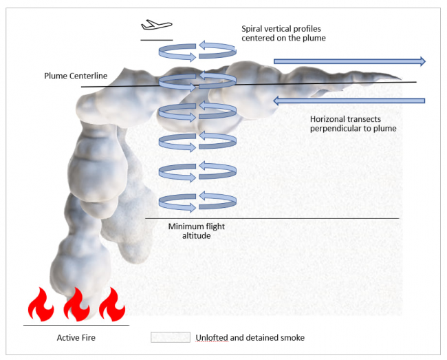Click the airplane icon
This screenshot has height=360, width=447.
pyautogui.click(x=155, y=25)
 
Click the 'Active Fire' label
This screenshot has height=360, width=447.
pyautogui.click(x=76, y=337)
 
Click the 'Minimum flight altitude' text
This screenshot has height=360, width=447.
pyautogui.click(x=197, y=231)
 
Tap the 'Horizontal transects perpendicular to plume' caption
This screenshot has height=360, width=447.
pyautogui.click(x=353, y=123)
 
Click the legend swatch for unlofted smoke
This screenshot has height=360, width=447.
pyautogui.click(x=171, y=337)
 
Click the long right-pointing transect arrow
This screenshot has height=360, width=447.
pyautogui.click(x=349, y=61)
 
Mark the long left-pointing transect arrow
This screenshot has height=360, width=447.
pyautogui.click(x=349, y=101)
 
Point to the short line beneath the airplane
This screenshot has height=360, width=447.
pyautogui.click(x=156, y=40)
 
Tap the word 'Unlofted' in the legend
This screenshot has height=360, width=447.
pyautogui.click(x=214, y=337)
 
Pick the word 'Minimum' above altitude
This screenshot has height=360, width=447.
pyautogui.click(x=186, y=226)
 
